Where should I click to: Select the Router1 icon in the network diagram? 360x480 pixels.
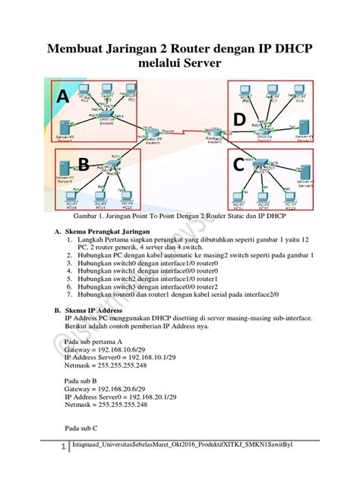tap(216, 132)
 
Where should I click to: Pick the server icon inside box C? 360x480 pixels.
tap(305, 175)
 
